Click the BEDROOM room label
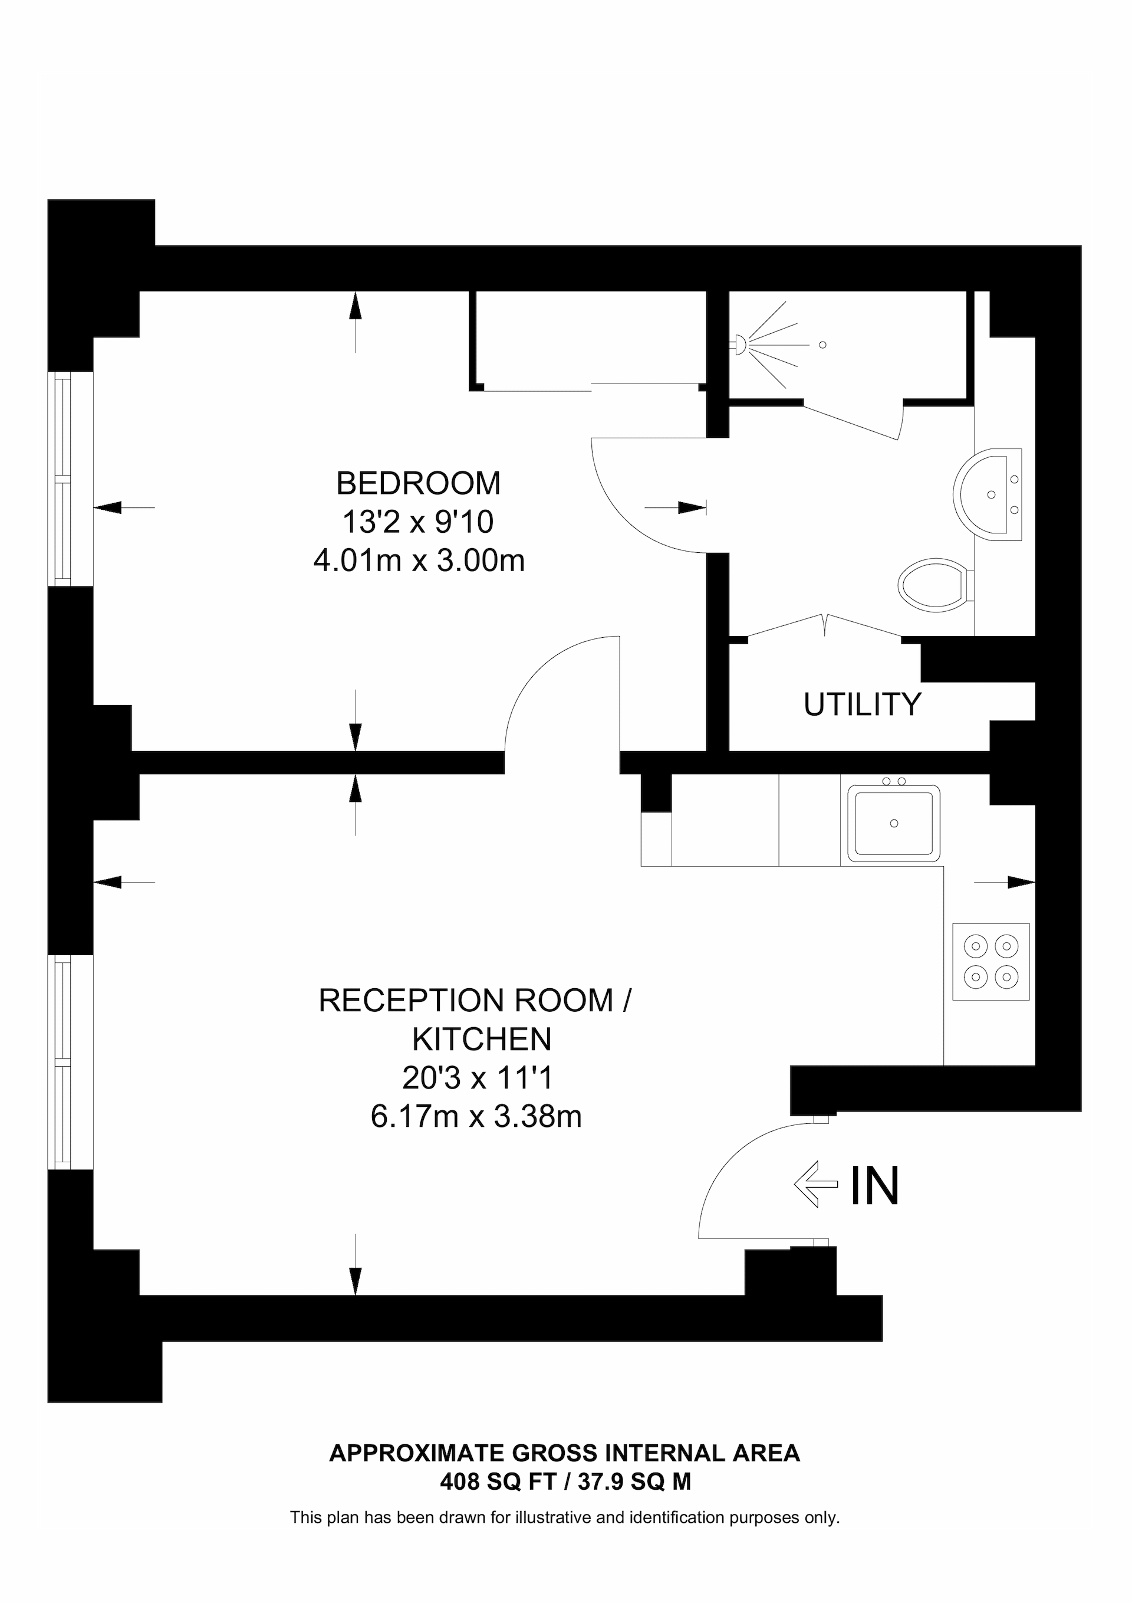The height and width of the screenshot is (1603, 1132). pyautogui.click(x=418, y=483)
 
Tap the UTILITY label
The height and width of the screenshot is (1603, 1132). pyautogui.click(x=862, y=704)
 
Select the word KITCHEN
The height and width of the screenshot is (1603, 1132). pyautogui.click(x=482, y=1040)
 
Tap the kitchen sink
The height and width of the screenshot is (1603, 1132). pyautogui.click(x=893, y=823)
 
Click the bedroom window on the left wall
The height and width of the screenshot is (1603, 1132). pyautogui.click(x=64, y=479)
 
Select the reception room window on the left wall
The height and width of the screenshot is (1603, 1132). pyautogui.click(x=64, y=1061)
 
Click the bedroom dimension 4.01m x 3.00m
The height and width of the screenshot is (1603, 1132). pyautogui.click(x=419, y=560)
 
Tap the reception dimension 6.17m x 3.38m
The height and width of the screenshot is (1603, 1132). pyautogui.click(x=476, y=1117)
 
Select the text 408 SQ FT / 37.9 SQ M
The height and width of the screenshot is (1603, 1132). pyautogui.click(x=565, y=1481)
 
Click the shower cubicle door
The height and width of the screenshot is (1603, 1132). pyautogui.click(x=851, y=422)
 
